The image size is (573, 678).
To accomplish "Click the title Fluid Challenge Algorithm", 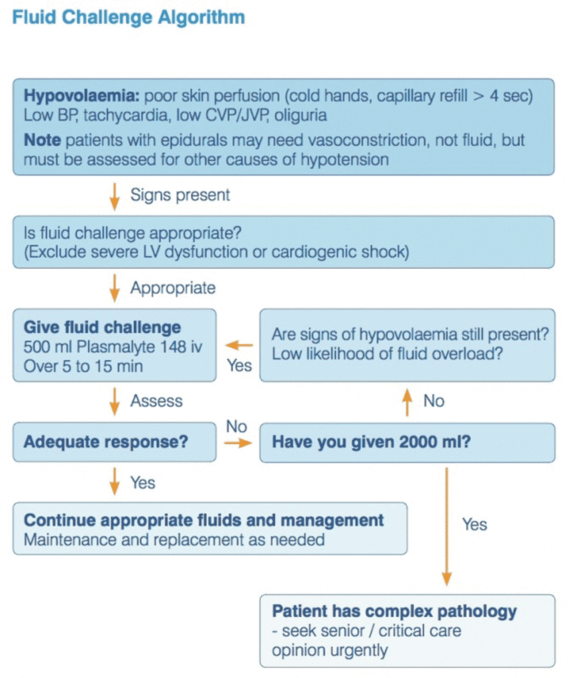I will pos(129,17).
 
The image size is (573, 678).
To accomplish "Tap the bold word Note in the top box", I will pos(42,140).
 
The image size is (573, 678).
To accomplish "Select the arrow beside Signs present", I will pos(115,195).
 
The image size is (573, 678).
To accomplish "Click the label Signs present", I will pos(180,195).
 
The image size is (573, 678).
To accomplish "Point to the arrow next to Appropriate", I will pos(115,288).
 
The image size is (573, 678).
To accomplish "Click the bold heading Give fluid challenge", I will pos(102,327).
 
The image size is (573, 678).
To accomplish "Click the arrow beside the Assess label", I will pos(115,401).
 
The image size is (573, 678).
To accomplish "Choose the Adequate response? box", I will pos(114,442).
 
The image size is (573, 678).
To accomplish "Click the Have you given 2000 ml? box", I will pos(407,442).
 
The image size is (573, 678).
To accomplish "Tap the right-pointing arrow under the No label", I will pos(237,442).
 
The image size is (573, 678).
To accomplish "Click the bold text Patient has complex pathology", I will pos(394,610).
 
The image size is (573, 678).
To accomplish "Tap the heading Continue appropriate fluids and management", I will pos(204,520).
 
